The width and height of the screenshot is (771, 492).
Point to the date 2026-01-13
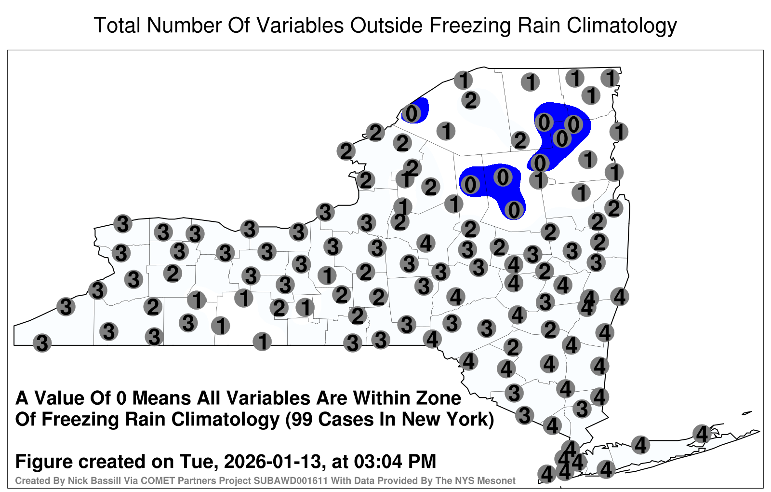[272, 461]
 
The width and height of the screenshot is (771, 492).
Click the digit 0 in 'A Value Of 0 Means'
[122, 398]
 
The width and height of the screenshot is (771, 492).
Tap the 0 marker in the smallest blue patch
[412, 113]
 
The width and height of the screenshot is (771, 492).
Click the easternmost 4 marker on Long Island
[702, 434]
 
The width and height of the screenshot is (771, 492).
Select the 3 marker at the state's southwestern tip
[42, 343]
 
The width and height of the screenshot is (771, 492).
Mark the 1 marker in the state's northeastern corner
[610, 78]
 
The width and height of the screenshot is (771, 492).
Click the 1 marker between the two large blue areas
[539, 180]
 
